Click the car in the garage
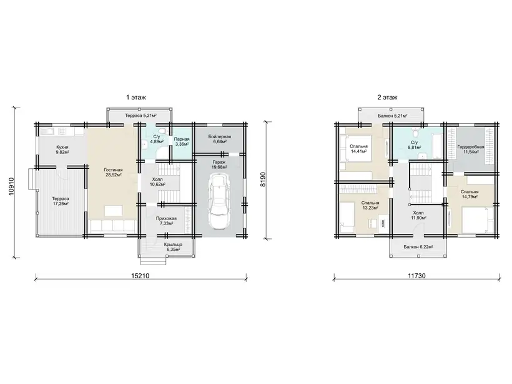(x=219, y=201)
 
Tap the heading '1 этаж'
(x=136, y=97)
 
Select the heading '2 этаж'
(x=388, y=97)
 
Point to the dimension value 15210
(x=140, y=276)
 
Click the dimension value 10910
(x=12, y=186)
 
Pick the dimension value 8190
(x=263, y=179)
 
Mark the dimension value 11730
(x=416, y=276)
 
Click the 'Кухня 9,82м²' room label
(x=62, y=149)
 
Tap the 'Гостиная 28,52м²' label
(x=113, y=173)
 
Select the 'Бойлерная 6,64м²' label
(x=219, y=139)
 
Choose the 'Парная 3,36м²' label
(x=181, y=141)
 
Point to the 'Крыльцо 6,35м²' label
(x=173, y=247)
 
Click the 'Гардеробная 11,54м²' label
(x=471, y=149)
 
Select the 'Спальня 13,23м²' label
(x=370, y=205)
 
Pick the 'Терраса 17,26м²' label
(x=61, y=201)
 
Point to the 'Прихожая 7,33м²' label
(x=166, y=221)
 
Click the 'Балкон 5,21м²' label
(x=393, y=116)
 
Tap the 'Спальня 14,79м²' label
(x=470, y=195)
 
